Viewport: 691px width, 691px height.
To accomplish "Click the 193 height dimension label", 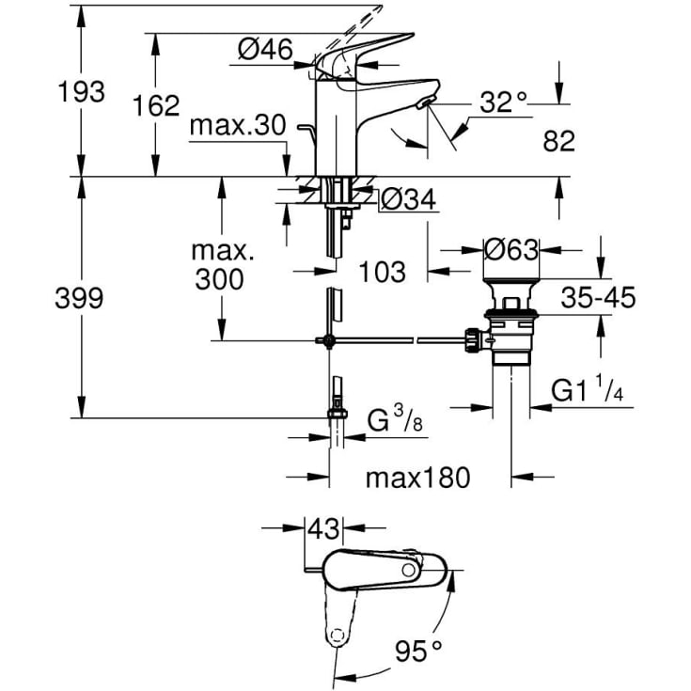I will click(79, 93).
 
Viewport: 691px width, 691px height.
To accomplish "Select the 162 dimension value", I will click(156, 106).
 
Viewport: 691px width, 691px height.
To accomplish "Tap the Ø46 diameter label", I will click(266, 50).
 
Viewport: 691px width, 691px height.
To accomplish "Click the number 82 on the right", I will click(558, 141).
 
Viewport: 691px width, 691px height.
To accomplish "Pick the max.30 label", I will click(236, 125).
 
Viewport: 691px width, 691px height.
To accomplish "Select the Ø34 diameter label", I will click(407, 199).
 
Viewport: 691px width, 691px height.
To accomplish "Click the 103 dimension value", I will click(383, 272).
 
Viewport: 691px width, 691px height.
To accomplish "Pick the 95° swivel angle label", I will click(418, 649).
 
